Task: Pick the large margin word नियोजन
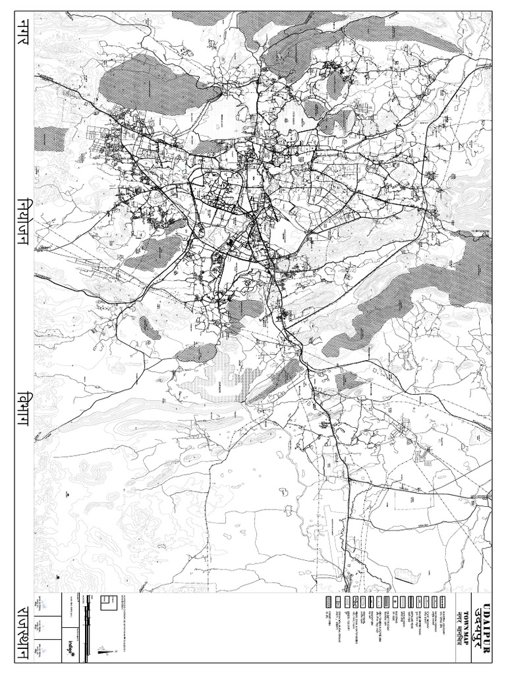[18, 224]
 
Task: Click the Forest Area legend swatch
[328, 600]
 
